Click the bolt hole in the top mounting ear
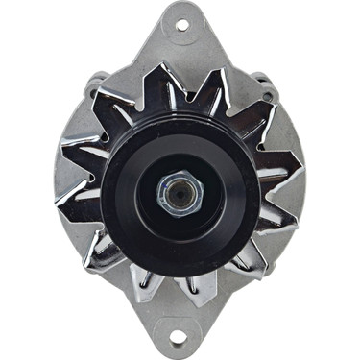[x=180, y=20]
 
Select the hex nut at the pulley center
[x=179, y=195]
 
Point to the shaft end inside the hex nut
[x=179, y=195]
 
